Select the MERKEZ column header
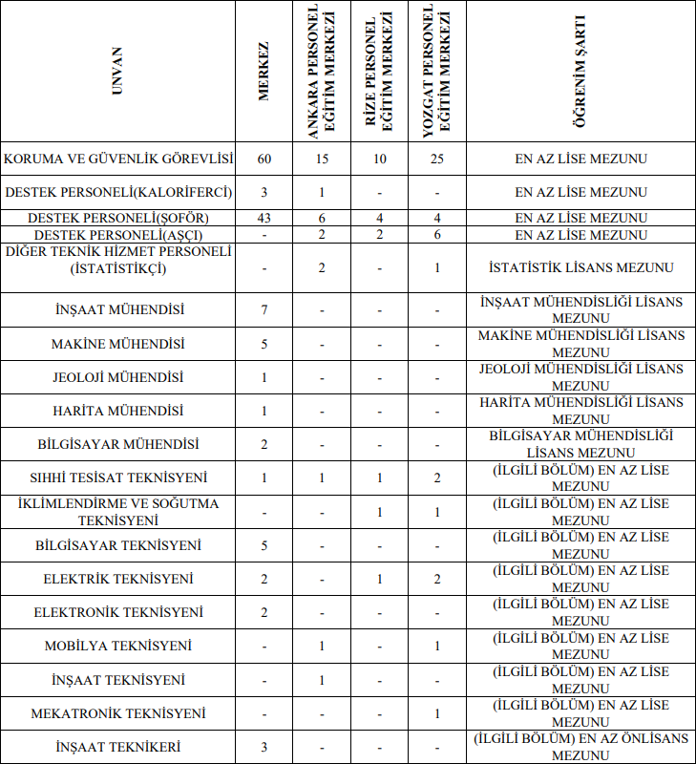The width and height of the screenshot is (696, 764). (264, 73)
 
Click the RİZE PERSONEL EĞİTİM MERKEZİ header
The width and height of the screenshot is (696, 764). (380, 73)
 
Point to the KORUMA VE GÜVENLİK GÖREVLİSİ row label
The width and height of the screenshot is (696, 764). (118, 159)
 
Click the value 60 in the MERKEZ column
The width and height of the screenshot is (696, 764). (264, 159)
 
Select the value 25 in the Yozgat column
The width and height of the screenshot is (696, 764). (436, 159)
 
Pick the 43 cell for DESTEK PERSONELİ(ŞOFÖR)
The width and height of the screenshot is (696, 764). (264, 218)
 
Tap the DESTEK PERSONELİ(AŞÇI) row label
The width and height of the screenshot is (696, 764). (118, 234)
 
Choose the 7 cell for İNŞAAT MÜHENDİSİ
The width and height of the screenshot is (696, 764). (264, 310)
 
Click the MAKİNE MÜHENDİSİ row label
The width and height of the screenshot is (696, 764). (118, 344)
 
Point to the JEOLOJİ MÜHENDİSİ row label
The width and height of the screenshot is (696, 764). (118, 377)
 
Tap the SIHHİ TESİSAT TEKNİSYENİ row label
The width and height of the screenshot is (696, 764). (118, 477)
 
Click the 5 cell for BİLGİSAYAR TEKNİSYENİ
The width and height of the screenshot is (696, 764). (264, 545)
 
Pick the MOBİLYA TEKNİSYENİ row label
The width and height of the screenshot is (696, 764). (118, 647)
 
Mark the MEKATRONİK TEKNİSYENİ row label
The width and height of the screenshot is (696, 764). (118, 713)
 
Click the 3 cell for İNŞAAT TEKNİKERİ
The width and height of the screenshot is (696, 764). (264, 747)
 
